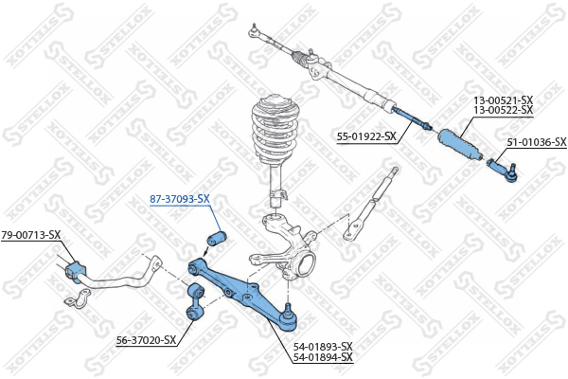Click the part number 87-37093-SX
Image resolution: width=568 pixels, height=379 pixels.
pyautogui.click(x=180, y=199)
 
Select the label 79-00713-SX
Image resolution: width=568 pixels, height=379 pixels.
pyautogui.click(x=31, y=235)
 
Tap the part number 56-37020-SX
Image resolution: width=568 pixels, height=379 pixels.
pyautogui.click(x=146, y=340)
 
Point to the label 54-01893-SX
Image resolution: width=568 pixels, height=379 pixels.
pyautogui.click(x=323, y=347)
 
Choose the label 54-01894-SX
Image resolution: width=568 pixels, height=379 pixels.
pyautogui.click(x=323, y=357)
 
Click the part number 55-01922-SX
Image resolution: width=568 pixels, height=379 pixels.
pyautogui.click(x=366, y=136)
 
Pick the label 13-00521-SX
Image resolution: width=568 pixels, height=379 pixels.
pyautogui.click(x=504, y=99)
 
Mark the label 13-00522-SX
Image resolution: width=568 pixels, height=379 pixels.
pyautogui.click(x=504, y=110)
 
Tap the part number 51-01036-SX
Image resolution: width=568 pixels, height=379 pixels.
pyautogui.click(x=537, y=142)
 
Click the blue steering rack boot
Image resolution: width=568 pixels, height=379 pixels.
pyautogui.click(x=460, y=145)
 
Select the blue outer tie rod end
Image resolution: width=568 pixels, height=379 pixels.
pyautogui.click(x=503, y=170)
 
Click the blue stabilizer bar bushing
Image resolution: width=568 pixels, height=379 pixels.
pyautogui.click(x=76, y=272)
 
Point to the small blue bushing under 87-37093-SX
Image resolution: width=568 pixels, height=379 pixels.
pyautogui.click(x=217, y=238)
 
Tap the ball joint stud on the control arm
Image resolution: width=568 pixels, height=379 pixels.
pyautogui.click(x=288, y=309)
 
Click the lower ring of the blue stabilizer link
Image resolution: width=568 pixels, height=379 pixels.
pyautogui.click(x=193, y=313)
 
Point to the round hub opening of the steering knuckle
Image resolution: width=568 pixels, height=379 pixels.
pyautogui.click(x=307, y=264)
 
